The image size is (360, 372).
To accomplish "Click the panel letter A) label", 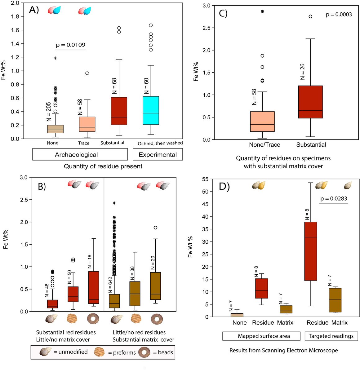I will pyautogui.click(x=34, y=10).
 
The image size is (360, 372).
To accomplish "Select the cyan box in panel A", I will pyautogui.click(x=151, y=110).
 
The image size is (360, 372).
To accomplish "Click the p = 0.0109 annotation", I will pyautogui.click(x=70, y=45).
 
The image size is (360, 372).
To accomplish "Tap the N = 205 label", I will pyautogui.click(x=49, y=112).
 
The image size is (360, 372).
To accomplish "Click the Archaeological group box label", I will pyautogui.click(x=76, y=155).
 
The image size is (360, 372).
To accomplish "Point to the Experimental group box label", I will pyautogui.click(x=158, y=155).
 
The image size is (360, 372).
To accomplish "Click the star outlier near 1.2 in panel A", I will pyautogui.click(x=56, y=58).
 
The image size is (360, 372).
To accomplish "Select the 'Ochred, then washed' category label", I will pyautogui.click(x=160, y=143).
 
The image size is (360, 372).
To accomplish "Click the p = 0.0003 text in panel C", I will pyautogui.click(x=339, y=15).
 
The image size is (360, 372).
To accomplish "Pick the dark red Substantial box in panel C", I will pyautogui.click(x=310, y=102).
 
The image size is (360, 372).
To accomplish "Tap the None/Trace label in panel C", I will pyautogui.click(x=264, y=145).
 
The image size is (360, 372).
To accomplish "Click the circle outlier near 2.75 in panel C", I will pyautogui.click(x=310, y=16).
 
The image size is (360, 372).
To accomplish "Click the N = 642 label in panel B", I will pyautogui.click(x=110, y=285).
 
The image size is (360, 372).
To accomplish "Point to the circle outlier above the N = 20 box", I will pyautogui.click(x=155, y=228).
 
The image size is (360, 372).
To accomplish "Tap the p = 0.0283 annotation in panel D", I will pyautogui.click(x=334, y=199).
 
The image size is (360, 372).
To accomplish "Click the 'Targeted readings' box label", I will pyautogui.click(x=331, y=336).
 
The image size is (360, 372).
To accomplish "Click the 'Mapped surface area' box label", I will pyautogui.click(x=264, y=336).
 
